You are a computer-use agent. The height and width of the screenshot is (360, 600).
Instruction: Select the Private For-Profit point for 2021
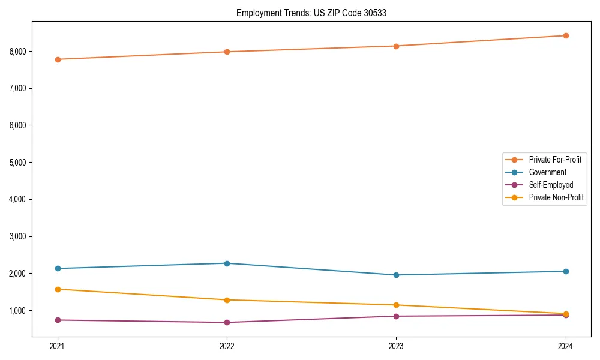tap(58, 59)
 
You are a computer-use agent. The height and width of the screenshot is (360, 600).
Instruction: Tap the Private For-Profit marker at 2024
tap(566, 35)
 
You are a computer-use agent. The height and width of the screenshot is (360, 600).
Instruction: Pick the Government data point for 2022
tap(227, 263)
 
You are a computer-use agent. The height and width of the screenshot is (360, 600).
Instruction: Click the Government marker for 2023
tap(396, 275)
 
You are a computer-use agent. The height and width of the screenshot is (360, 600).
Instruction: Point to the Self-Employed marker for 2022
tap(227, 322)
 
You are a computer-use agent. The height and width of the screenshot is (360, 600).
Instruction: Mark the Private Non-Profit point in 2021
tap(58, 289)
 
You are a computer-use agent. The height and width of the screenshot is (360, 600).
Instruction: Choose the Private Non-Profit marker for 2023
tap(396, 305)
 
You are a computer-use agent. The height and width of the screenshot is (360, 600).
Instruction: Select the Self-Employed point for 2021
tap(58, 320)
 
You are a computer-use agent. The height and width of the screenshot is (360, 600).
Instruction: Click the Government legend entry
tap(547, 172)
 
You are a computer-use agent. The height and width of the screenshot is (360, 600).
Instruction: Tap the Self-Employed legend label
tap(551, 185)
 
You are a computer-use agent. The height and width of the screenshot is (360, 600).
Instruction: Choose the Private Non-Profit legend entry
tap(556, 197)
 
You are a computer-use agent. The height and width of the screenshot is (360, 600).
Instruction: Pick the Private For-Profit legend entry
tap(554, 160)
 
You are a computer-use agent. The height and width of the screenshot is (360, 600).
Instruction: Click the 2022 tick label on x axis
tap(227, 346)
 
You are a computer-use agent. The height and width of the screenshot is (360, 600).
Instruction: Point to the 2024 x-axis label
tap(566, 346)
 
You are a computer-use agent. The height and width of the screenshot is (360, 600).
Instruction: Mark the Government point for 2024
tap(566, 271)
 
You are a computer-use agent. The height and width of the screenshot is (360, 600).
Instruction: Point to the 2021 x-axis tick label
tap(58, 346)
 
